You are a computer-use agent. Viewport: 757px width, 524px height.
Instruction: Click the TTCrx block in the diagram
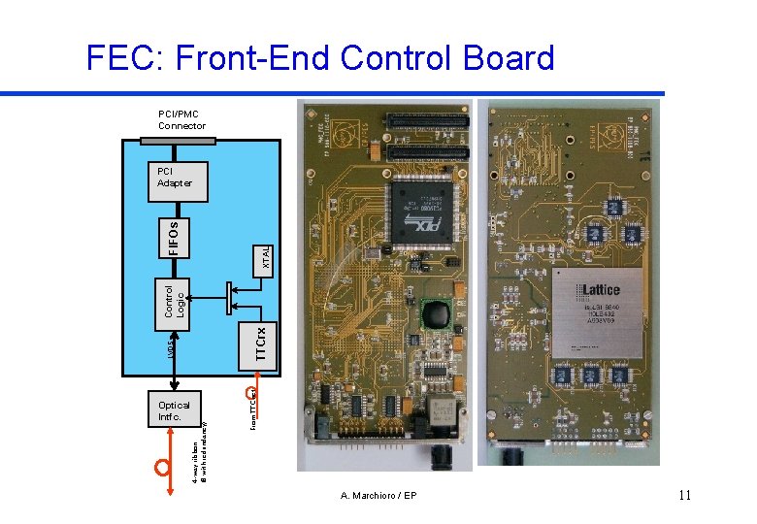click(x=261, y=344)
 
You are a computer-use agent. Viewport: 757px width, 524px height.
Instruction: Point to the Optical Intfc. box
click(x=174, y=410)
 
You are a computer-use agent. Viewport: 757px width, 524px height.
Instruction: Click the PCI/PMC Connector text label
click(x=181, y=120)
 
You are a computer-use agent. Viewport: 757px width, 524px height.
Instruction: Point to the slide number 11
click(x=684, y=496)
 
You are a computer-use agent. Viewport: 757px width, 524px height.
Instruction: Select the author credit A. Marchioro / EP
click(x=378, y=496)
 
